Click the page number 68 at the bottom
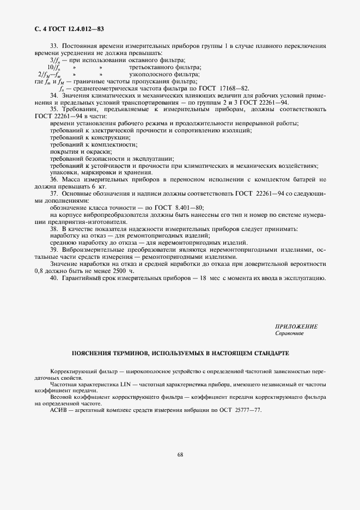click(180, 471)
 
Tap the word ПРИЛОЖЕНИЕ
click(296, 326)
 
